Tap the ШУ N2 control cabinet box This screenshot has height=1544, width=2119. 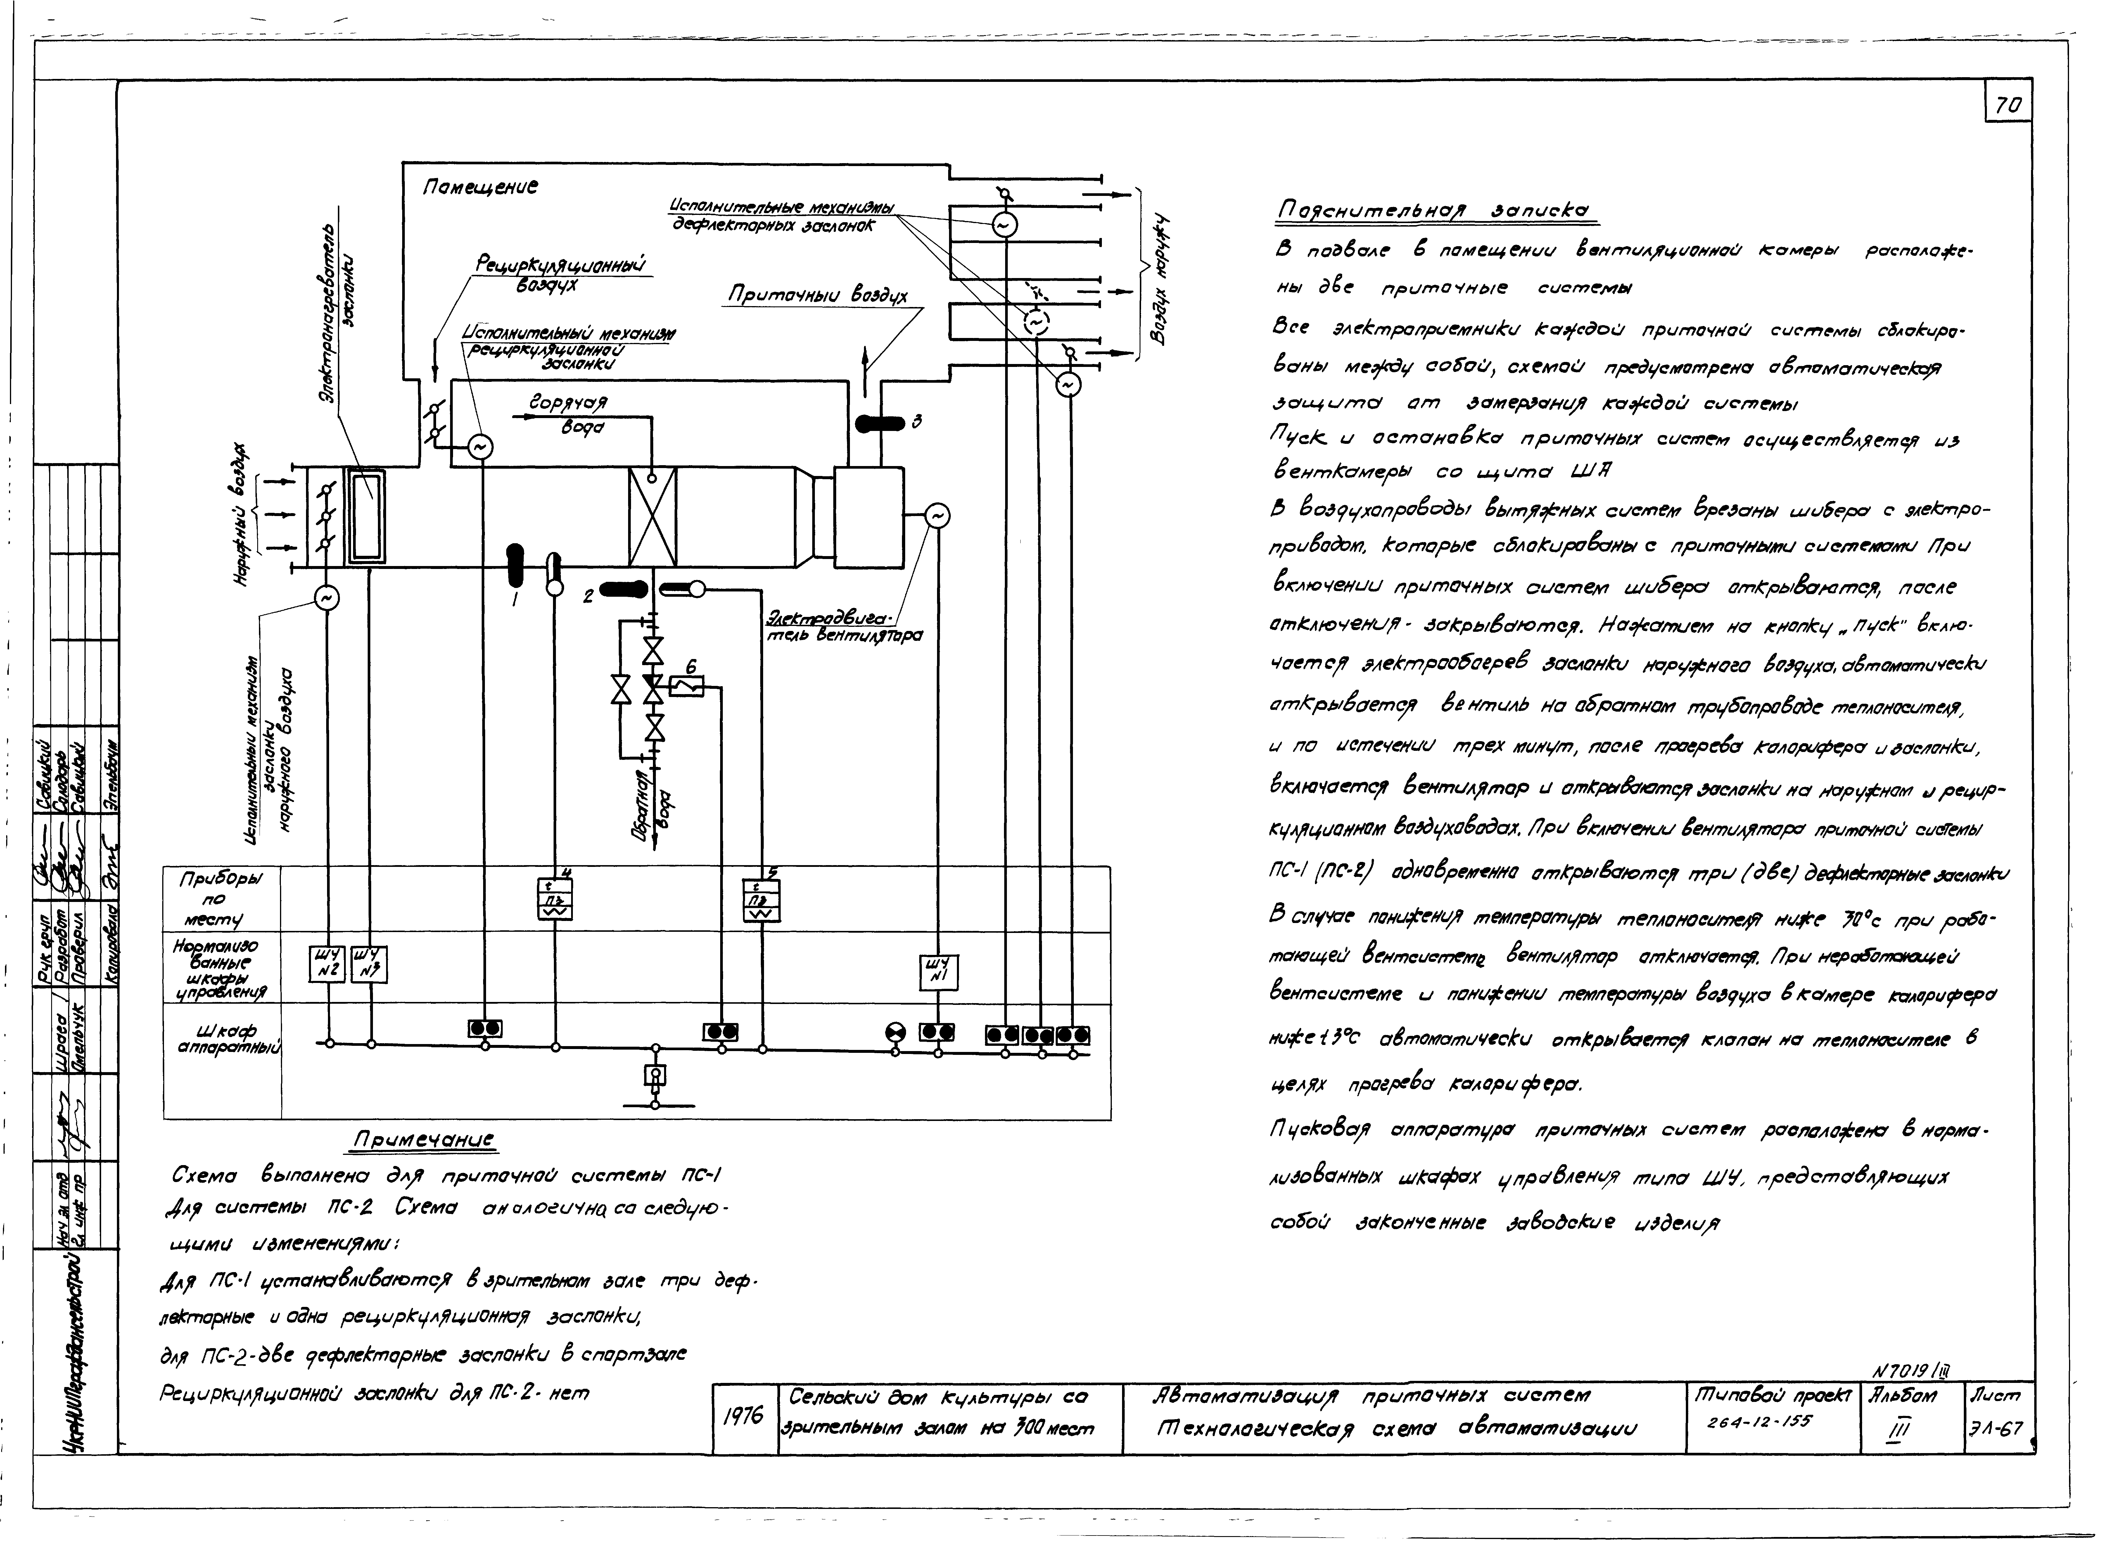(327, 964)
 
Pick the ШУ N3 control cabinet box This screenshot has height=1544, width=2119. (369, 964)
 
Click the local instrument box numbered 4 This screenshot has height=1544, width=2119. (555, 899)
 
